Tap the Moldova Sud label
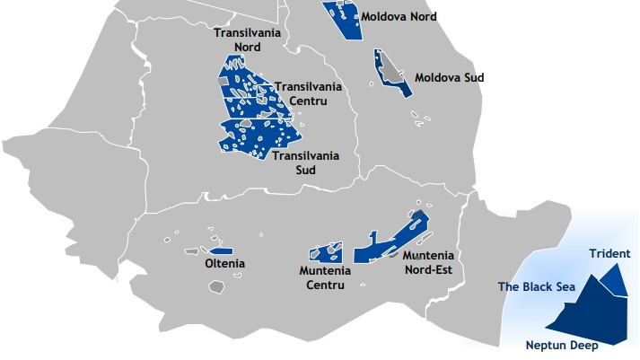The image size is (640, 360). click(x=449, y=77)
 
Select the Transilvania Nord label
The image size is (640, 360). click(x=247, y=40)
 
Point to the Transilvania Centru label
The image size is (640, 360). click(x=308, y=93)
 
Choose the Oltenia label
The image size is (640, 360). click(x=224, y=264)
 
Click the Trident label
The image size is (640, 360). click(x=609, y=254)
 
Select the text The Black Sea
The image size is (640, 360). click(x=537, y=287)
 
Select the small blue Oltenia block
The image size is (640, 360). click(x=221, y=250)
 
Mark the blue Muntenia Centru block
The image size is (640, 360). click(x=325, y=253)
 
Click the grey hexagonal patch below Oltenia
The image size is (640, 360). click(x=216, y=287)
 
